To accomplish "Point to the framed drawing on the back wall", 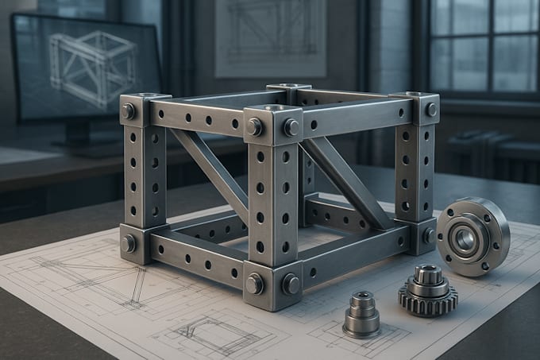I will point(271,36).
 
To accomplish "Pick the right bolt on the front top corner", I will point(291,126).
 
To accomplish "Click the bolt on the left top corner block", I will point(129,110).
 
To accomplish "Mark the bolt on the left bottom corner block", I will point(129,242).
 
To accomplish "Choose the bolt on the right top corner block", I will point(431,109).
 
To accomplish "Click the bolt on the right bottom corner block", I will point(430,235).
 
